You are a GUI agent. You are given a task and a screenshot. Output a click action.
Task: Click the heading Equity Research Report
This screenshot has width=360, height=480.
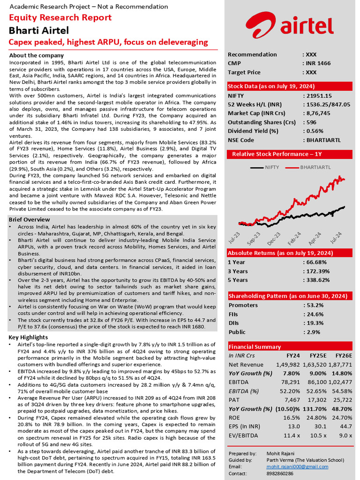click(60, 18)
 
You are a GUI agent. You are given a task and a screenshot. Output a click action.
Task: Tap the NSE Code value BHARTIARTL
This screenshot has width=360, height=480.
click(323, 140)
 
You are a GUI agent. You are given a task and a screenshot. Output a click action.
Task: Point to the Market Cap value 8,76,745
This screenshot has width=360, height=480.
click(318, 113)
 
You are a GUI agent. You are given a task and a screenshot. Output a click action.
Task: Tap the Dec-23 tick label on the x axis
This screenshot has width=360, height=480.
click(275, 238)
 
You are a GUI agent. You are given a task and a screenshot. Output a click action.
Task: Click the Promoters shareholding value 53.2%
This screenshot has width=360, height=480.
click(314, 305)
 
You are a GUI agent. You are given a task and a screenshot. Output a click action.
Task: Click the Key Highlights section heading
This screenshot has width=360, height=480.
click(28, 337)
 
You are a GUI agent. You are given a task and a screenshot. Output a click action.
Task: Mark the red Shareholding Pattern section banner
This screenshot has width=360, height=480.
click(288, 296)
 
